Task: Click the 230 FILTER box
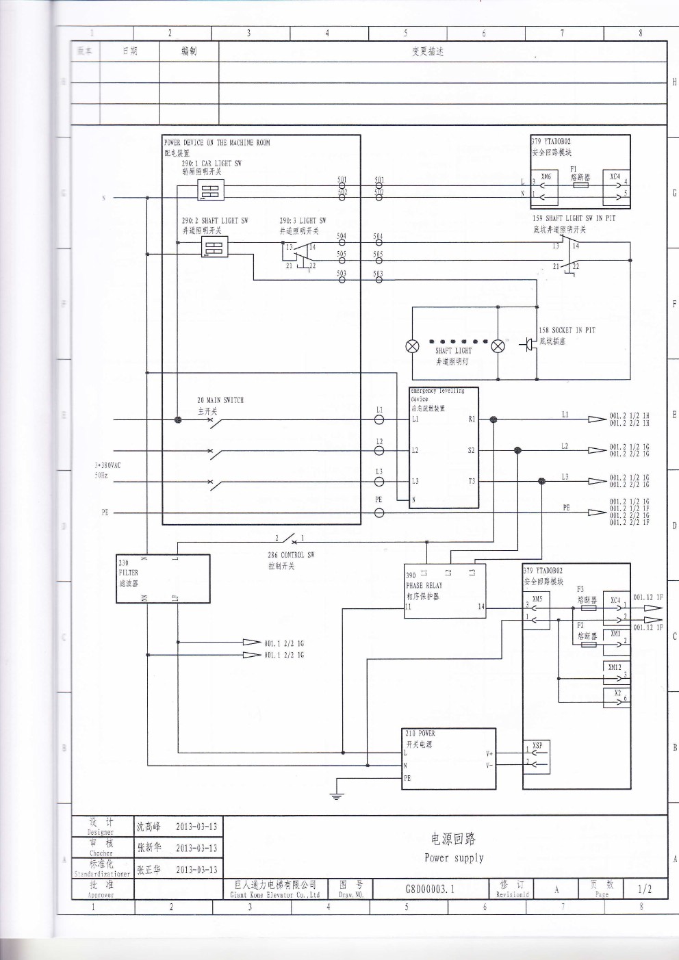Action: coord(163,579)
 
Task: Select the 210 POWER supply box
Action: coord(449,759)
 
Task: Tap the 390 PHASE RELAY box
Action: coord(445,591)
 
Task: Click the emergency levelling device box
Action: coord(444,448)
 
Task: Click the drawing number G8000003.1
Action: coord(430,889)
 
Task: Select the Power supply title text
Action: coord(453,858)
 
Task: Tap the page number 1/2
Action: coord(644,889)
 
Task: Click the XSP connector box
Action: coord(537,757)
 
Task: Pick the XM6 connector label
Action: coord(546,177)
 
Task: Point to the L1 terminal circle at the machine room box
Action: coord(379,419)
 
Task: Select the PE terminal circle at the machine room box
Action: coord(379,513)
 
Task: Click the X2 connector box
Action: coord(616,696)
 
